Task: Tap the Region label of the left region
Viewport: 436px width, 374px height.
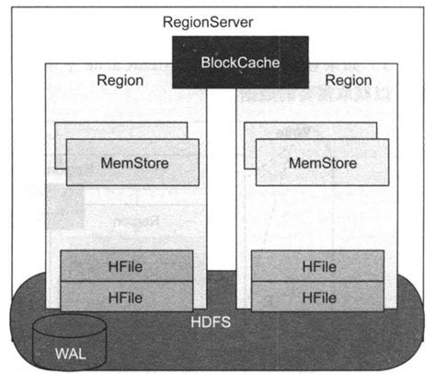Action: pyautogui.click(x=120, y=81)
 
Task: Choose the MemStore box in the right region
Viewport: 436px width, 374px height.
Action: pyautogui.click(x=323, y=162)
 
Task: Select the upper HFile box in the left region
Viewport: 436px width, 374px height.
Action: pyautogui.click(x=127, y=265)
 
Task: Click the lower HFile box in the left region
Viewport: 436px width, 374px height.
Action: pyautogui.click(x=127, y=296)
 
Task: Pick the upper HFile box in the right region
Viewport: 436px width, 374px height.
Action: pyautogui.click(x=317, y=265)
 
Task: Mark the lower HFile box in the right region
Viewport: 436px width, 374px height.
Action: pyautogui.click(x=317, y=296)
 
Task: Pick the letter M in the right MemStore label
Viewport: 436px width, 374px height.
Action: pyautogui.click(x=295, y=162)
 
